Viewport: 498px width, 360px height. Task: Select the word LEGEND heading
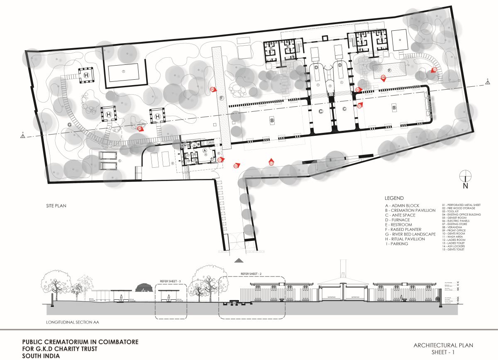pos(394,198)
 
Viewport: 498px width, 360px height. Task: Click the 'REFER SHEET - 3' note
pos(171,281)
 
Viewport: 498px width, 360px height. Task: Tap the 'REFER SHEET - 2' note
pos(251,274)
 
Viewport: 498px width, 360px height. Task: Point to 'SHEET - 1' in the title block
pos(443,351)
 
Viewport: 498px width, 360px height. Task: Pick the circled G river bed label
pos(69,124)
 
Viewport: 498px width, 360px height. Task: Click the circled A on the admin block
pos(204,151)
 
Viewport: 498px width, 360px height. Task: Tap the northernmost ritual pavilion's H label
pos(86,75)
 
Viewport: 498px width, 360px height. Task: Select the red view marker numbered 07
pos(435,70)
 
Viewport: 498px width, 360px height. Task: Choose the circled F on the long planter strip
pos(222,98)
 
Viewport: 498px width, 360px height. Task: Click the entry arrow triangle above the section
pos(239,260)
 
